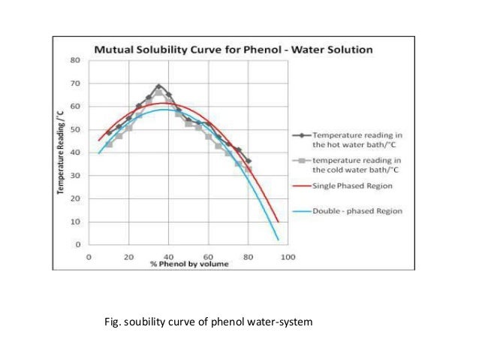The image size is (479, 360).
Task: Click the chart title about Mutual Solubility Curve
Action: tap(233, 50)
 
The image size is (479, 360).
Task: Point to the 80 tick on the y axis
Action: tap(76, 59)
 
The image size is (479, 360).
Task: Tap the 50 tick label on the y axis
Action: tap(76, 129)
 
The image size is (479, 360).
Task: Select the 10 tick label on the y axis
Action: tap(76, 222)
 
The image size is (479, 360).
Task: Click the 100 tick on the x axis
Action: tap(288, 256)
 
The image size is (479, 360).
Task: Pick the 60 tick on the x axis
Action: tap(209, 256)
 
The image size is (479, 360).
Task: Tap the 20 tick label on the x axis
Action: tap(129, 256)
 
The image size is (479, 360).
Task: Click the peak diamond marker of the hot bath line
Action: tap(158, 86)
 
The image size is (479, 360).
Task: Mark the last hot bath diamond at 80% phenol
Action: tap(249, 161)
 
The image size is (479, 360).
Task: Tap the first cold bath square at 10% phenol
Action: tap(109, 144)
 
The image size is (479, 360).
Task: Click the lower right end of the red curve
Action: tap(278, 222)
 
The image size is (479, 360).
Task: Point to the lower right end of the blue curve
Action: tap(278, 240)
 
